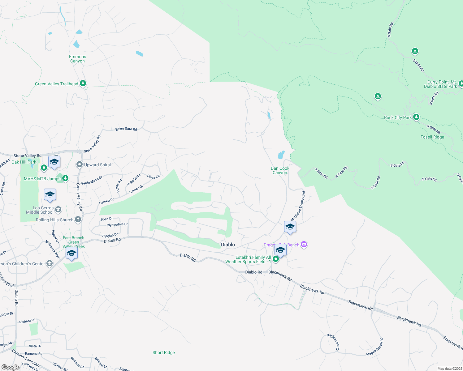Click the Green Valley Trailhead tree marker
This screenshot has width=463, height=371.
tap(83, 83)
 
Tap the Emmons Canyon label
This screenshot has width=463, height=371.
tap(77, 59)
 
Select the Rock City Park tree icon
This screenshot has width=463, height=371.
tap(416, 117)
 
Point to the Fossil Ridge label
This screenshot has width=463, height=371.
tap(432, 137)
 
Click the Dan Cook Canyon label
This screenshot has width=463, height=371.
tap(280, 170)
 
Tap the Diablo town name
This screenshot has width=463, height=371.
tap(228, 245)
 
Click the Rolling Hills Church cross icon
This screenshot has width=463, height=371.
tap(78, 220)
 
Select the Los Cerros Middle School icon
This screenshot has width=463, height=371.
tap(58, 210)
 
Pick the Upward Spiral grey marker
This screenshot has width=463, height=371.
tap(80, 164)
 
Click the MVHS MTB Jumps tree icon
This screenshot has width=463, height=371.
tap(65, 178)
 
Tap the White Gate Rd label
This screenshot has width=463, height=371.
tap(126, 129)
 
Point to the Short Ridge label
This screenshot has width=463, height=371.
tap(163, 352)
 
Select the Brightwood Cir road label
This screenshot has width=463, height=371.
tap(333, 342)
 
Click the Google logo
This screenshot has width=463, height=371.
tap(11, 367)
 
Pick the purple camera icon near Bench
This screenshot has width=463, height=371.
tap(304, 245)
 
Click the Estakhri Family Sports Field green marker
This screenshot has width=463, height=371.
tap(276, 259)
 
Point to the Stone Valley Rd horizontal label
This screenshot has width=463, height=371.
tap(27, 156)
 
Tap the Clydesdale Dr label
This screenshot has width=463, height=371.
tap(117, 225)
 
